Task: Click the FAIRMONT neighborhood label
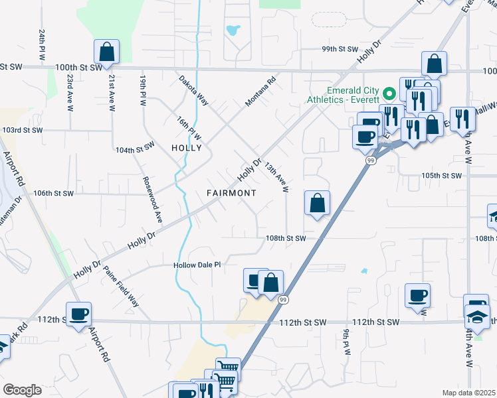tap(231, 193)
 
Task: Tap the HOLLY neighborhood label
tap(186, 148)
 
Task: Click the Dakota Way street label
tap(193, 90)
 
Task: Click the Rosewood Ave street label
tap(151, 198)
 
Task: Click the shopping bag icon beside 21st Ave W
tap(106, 52)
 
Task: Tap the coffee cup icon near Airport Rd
tap(78, 314)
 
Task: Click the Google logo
tap(22, 389)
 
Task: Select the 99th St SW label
tap(340, 49)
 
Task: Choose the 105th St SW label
tap(441, 175)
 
